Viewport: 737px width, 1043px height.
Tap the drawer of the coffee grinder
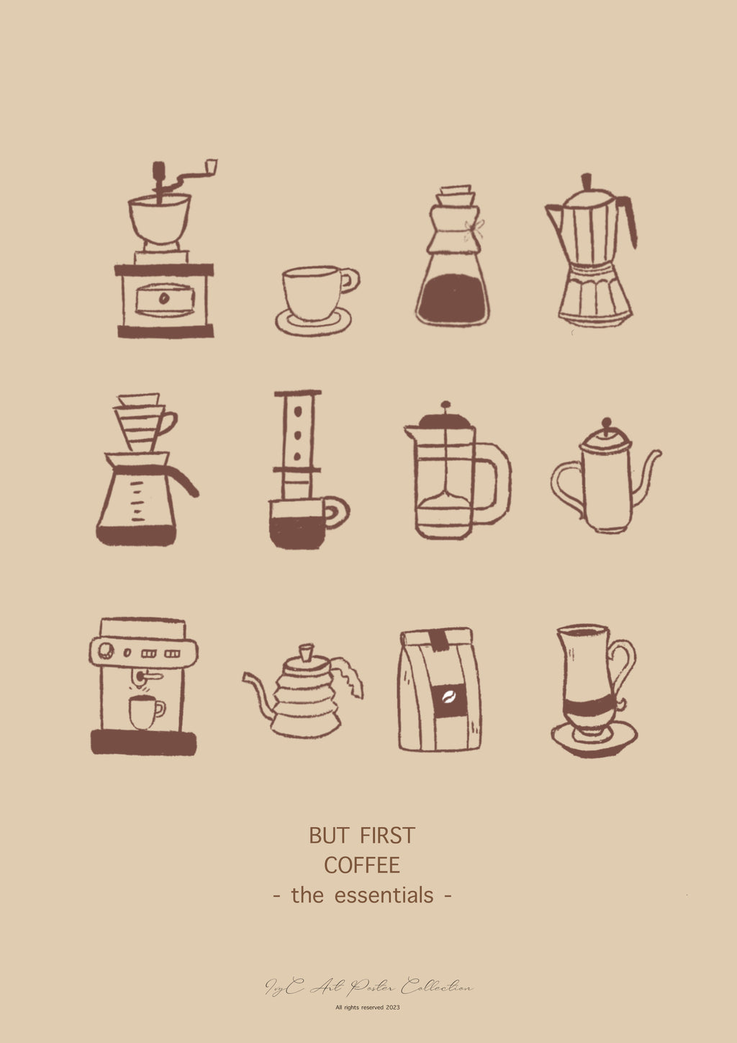tap(165, 299)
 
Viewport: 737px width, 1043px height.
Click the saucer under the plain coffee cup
tap(314, 322)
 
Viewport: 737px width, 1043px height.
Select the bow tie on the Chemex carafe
tap(474, 229)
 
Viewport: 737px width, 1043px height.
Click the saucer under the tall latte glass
tap(594, 740)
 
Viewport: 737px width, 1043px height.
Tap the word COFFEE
tap(362, 865)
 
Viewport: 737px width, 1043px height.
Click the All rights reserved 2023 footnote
tap(368, 1008)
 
